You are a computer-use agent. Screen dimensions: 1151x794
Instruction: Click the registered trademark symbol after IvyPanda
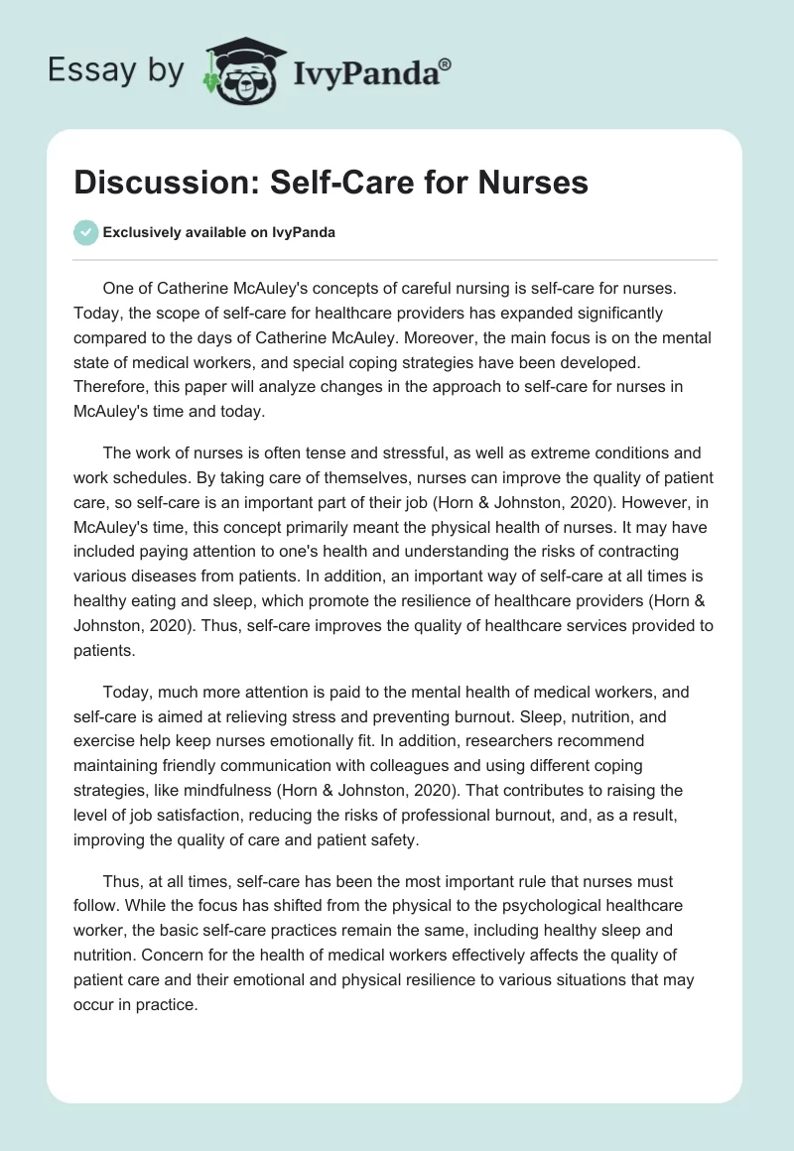click(445, 64)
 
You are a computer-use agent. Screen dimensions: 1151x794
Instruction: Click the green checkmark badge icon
click(85, 232)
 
